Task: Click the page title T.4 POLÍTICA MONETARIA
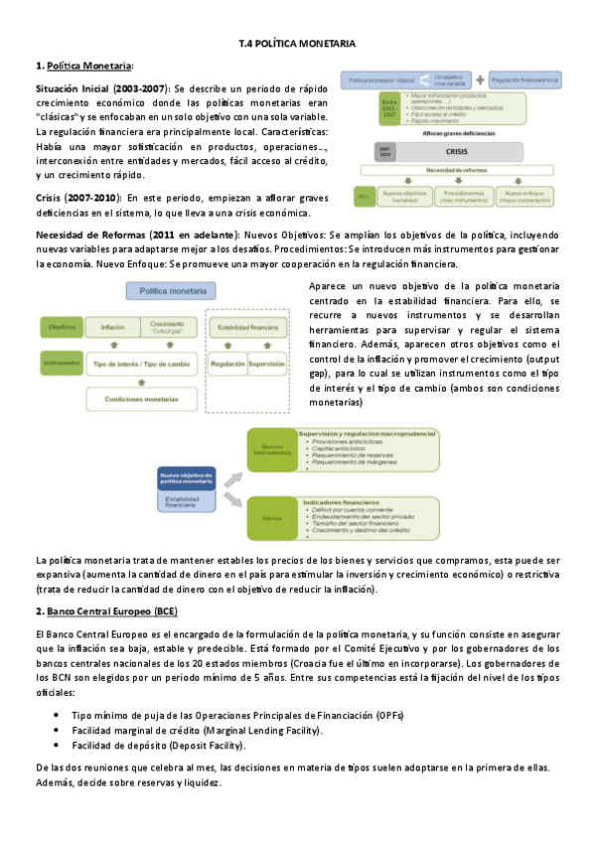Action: point(297,44)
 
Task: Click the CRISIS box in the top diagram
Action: point(455,151)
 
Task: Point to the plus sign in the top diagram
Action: point(480,79)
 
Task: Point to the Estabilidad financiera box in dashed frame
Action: point(248,326)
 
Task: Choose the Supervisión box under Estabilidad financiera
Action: point(265,365)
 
